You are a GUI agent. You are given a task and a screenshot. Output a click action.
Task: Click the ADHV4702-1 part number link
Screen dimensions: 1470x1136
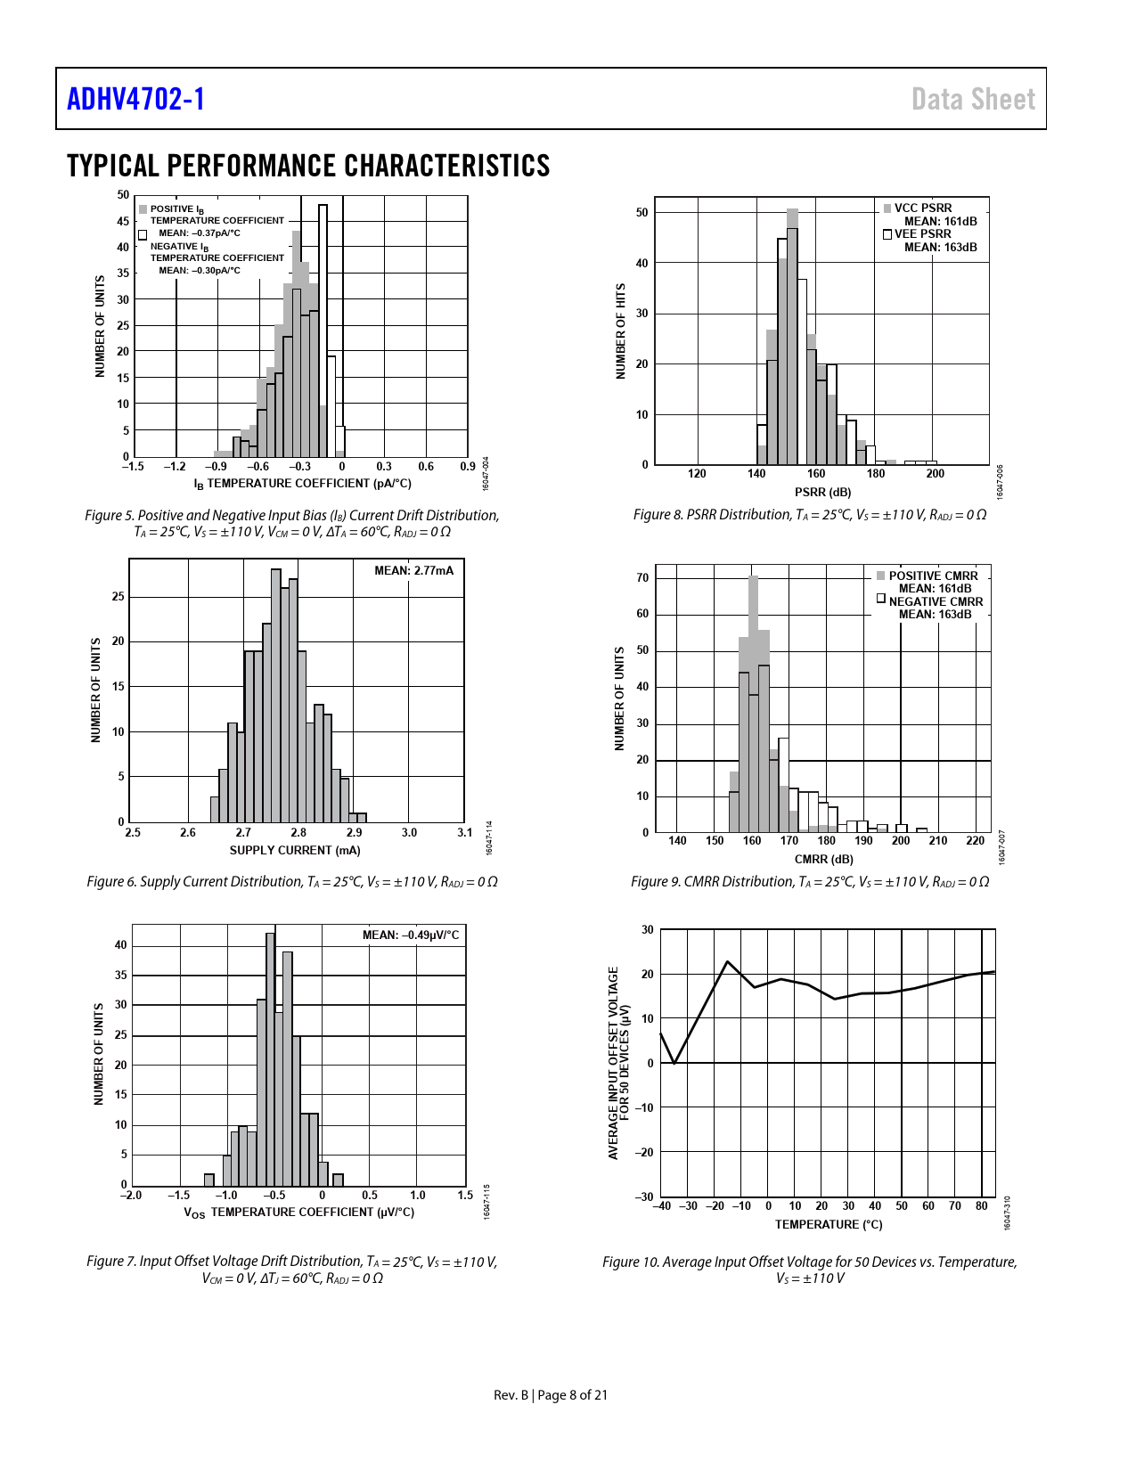pos(135,99)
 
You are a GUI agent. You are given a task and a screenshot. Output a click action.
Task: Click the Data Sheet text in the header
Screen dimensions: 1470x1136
pos(973,99)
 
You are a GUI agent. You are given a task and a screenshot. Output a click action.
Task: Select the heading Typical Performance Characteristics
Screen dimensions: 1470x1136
pos(308,166)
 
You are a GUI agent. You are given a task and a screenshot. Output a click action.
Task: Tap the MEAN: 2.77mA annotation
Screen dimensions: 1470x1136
pos(413,570)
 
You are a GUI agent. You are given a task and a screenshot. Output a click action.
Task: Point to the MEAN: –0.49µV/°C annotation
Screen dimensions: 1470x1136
pos(411,935)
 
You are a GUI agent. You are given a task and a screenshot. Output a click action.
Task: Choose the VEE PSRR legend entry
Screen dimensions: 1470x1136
pos(922,233)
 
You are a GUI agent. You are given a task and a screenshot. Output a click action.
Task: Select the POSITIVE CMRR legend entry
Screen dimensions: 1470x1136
pos(932,576)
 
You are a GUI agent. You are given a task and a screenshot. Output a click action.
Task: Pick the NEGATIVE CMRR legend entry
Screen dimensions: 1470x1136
pos(935,601)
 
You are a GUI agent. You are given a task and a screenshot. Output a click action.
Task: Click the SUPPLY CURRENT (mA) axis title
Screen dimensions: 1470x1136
pos(295,850)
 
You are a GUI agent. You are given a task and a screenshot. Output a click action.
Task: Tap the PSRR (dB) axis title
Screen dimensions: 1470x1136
pos(822,492)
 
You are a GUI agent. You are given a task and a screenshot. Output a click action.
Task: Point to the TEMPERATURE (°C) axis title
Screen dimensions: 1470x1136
pos(829,1224)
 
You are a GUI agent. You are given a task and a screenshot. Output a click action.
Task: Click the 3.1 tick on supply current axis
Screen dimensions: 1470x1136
pos(464,832)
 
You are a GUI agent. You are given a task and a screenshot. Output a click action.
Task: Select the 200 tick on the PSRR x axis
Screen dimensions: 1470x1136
pos(935,474)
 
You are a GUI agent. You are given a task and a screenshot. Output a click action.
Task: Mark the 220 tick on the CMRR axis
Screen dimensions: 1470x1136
pos(976,840)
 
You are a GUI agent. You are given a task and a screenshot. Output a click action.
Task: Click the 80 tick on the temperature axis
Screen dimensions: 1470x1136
pos(982,1205)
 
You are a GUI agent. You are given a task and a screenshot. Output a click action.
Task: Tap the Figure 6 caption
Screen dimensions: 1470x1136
pos(292,881)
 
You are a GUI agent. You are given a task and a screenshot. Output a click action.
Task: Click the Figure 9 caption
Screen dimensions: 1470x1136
pos(810,881)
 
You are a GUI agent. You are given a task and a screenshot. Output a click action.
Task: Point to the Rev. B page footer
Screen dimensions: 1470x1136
pos(551,1394)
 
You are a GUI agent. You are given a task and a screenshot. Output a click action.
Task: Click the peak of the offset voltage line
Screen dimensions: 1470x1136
pos(728,962)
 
